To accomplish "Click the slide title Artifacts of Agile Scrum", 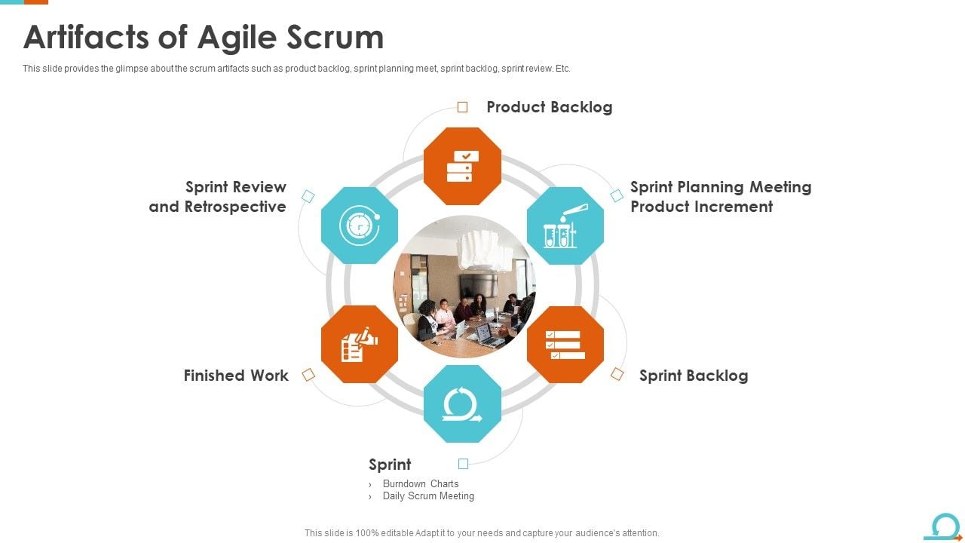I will click(204, 37).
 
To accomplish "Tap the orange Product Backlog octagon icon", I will click(462, 166).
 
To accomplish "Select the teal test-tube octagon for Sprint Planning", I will click(565, 225).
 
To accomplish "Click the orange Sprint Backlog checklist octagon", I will click(565, 344).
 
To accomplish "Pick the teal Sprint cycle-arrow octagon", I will click(462, 403).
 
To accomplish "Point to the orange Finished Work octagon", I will click(360, 344).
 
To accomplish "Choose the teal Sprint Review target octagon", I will click(360, 225).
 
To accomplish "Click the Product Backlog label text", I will click(549, 107).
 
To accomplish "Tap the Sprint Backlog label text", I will click(694, 376).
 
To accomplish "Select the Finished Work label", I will click(236, 376).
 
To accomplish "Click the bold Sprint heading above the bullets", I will click(390, 465).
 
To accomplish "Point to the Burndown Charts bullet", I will click(421, 484).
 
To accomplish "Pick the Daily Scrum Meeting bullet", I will click(428, 496).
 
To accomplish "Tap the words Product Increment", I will click(701, 207).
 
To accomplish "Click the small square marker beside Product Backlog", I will click(463, 107).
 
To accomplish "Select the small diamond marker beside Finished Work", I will click(308, 375).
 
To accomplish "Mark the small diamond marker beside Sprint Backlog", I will click(617, 374).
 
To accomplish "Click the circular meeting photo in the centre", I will click(464, 285).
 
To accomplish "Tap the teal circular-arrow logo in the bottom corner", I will click(945, 526).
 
